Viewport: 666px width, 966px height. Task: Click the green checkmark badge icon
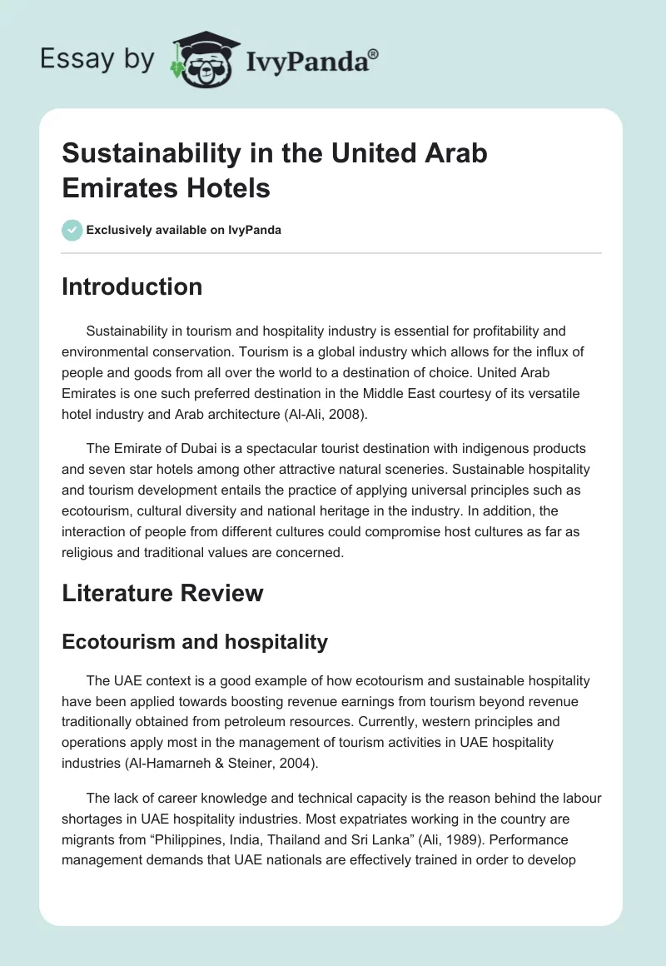(72, 230)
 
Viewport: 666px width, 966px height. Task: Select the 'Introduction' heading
(132, 286)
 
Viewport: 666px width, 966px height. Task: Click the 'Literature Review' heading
(162, 593)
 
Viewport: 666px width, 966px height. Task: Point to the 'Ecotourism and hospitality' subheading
(195, 641)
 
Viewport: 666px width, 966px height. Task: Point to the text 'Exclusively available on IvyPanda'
(184, 230)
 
